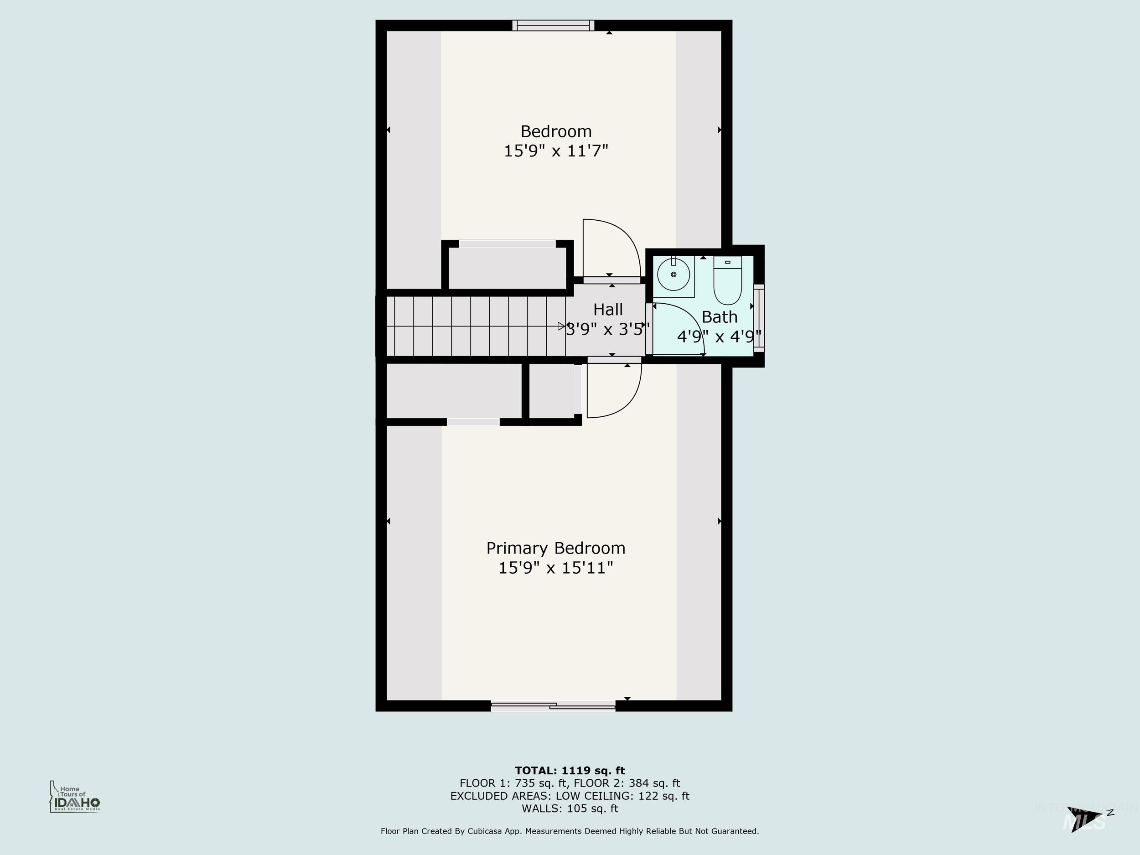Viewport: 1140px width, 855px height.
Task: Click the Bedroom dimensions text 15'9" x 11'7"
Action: pyautogui.click(x=555, y=151)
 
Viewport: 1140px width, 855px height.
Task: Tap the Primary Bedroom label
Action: pyautogui.click(x=555, y=548)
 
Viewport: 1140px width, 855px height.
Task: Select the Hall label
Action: pyautogui.click(x=608, y=310)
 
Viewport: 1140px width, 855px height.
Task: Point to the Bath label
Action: pyautogui.click(x=719, y=317)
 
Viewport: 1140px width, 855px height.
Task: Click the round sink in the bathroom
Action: pyautogui.click(x=674, y=275)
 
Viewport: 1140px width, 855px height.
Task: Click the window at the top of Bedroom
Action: pyautogui.click(x=553, y=25)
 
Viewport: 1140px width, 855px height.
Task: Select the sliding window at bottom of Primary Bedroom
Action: pyautogui.click(x=553, y=706)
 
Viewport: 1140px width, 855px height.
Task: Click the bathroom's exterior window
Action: pyautogui.click(x=759, y=318)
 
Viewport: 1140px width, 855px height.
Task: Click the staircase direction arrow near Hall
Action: pyautogui.click(x=562, y=326)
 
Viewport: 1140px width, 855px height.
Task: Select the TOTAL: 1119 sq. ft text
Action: pyautogui.click(x=570, y=771)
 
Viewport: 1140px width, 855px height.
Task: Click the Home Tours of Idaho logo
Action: pyautogui.click(x=75, y=797)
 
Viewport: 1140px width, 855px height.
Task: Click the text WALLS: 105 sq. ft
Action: pyautogui.click(x=570, y=808)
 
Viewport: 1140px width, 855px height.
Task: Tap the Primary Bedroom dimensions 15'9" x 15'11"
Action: pyautogui.click(x=555, y=568)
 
